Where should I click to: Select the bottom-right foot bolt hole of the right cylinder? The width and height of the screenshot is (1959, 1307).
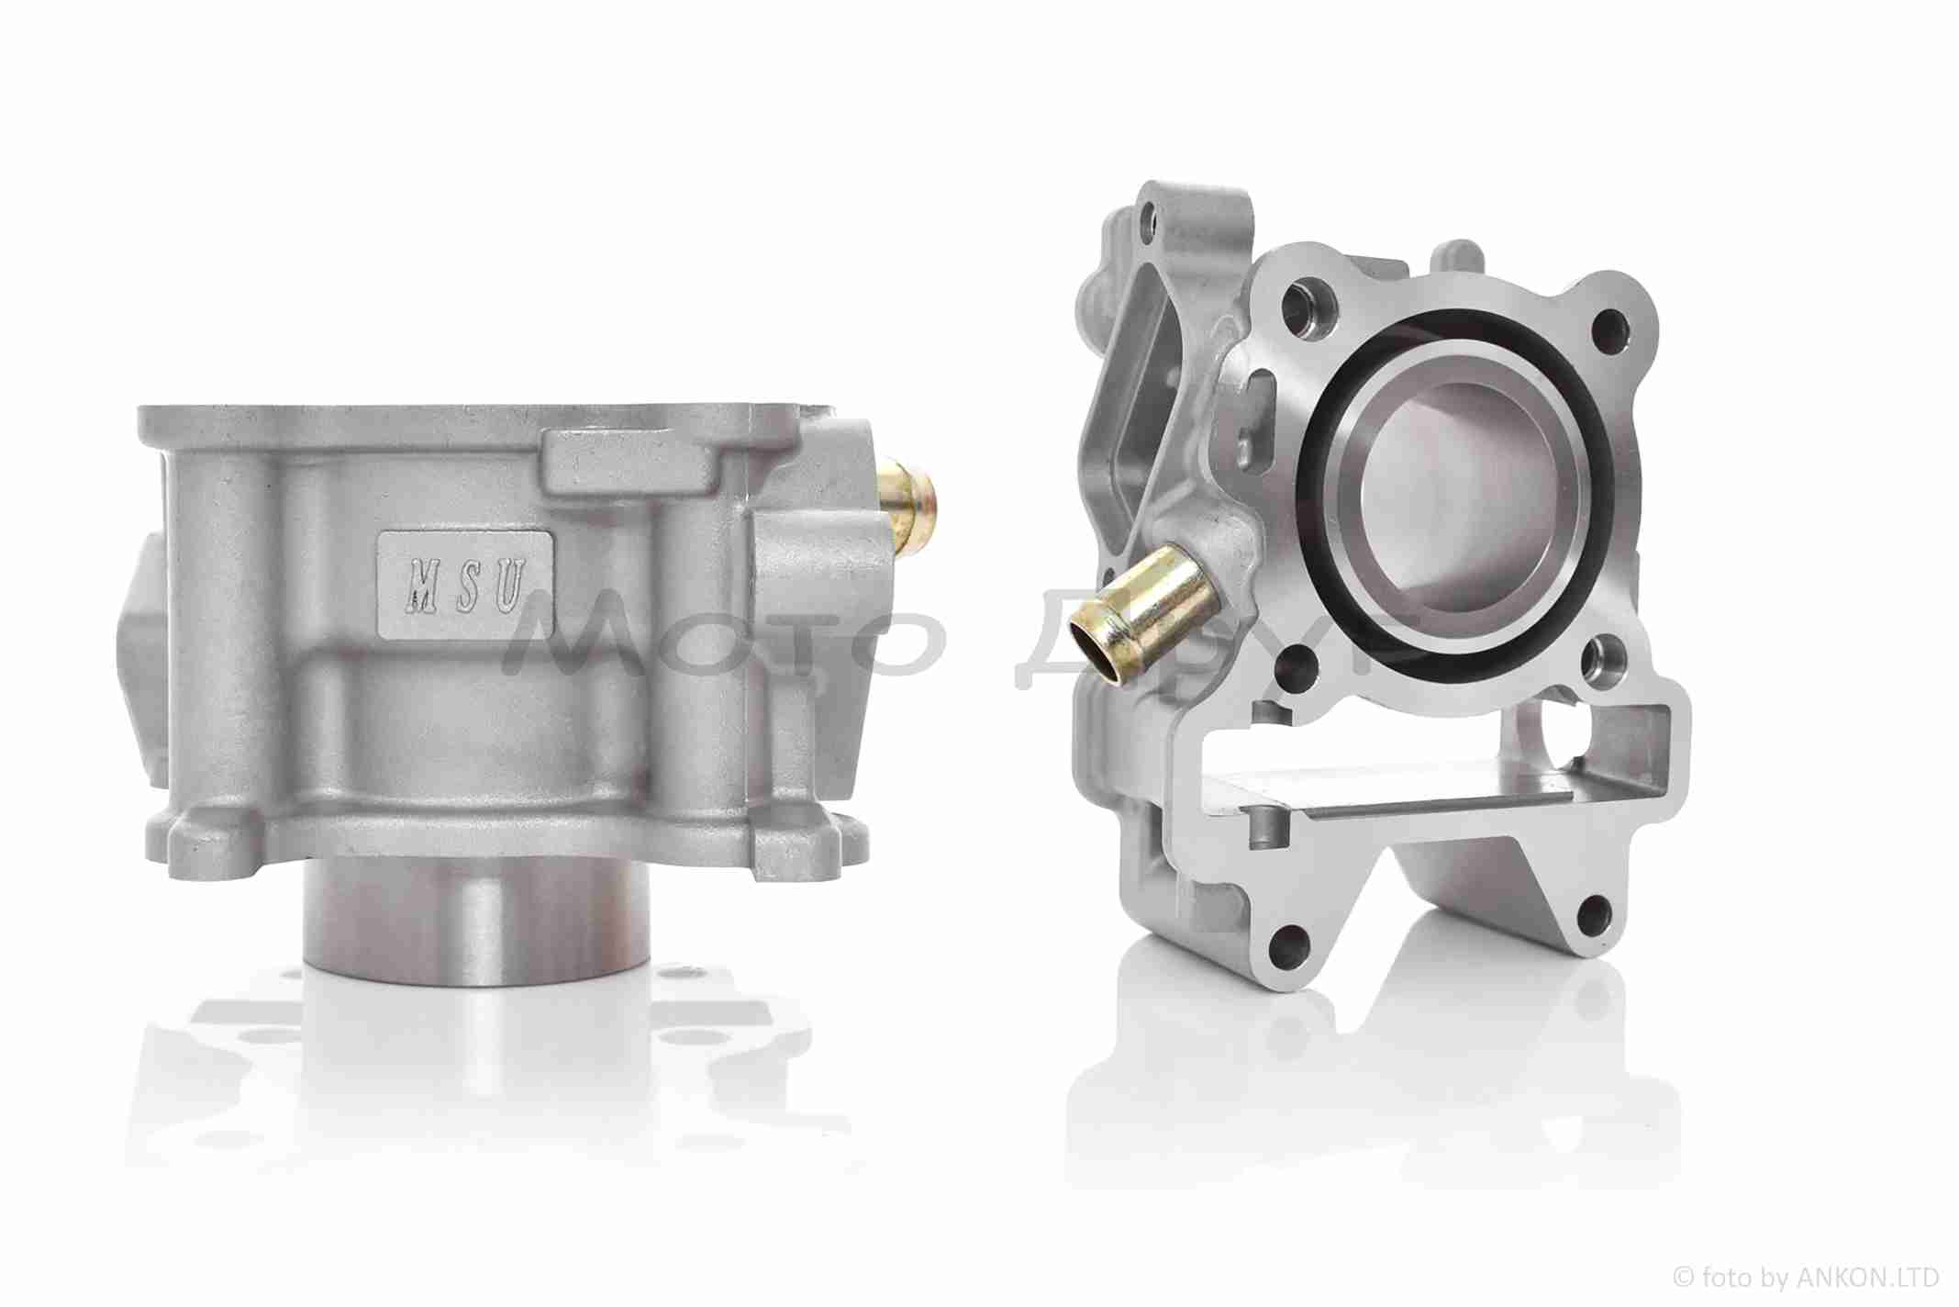pos(1595,913)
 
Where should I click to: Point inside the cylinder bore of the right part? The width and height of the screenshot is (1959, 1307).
pos(1459,496)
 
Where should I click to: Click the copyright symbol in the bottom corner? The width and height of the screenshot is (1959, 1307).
pos(1683,1278)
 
